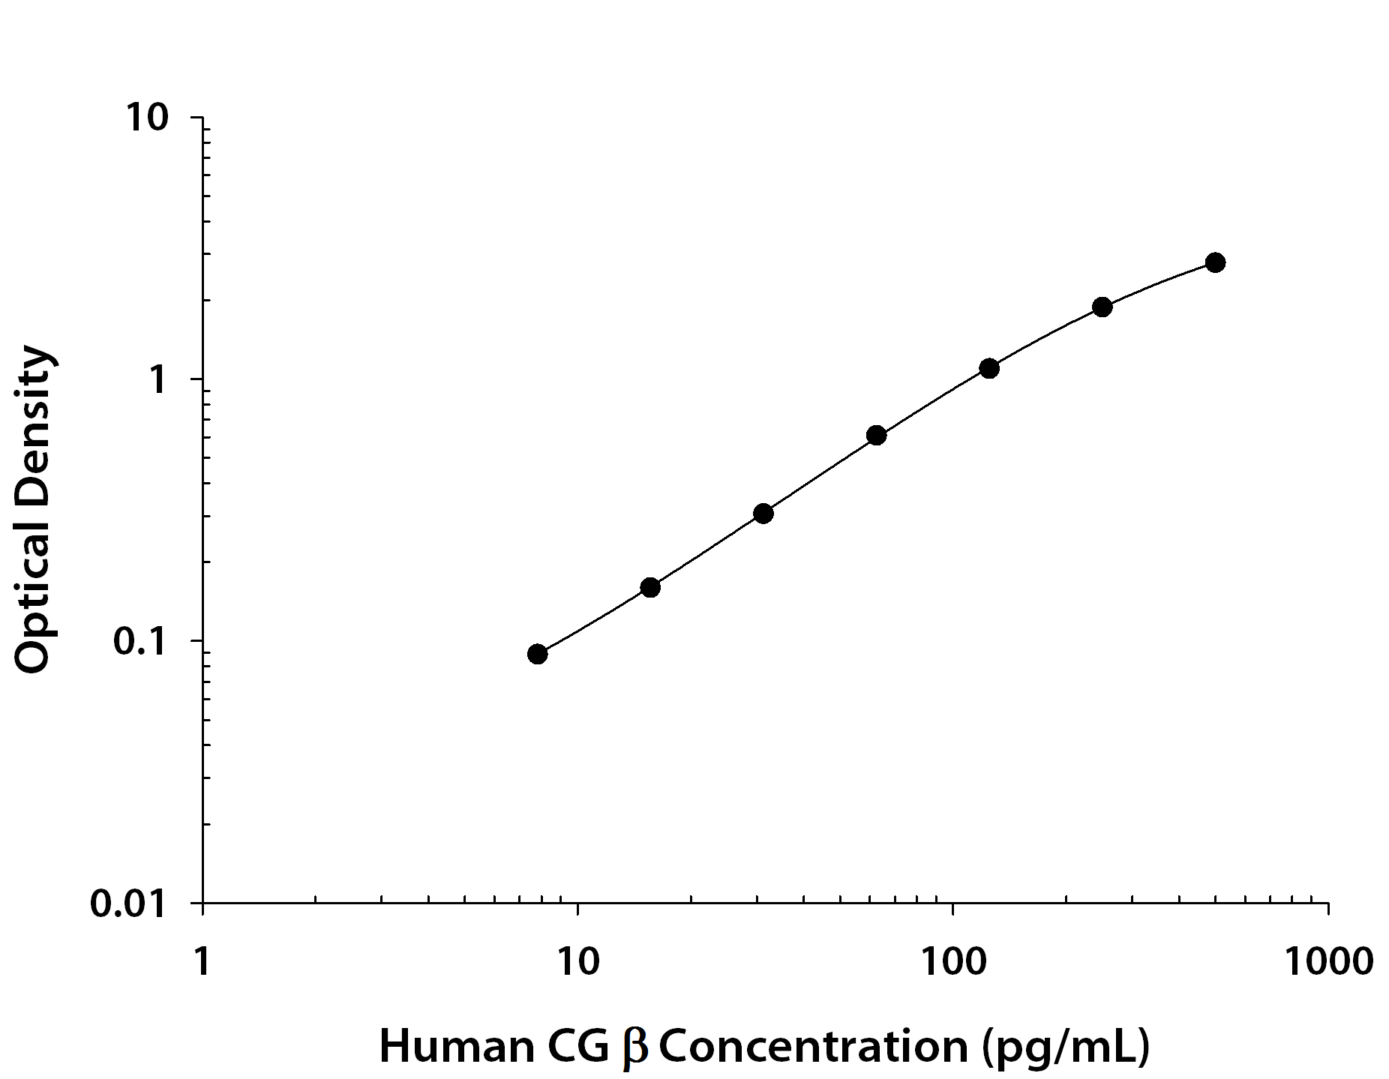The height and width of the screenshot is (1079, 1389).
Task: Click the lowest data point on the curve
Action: pyautogui.click(x=537, y=654)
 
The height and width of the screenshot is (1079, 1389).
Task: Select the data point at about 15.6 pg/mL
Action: pyautogui.click(x=650, y=587)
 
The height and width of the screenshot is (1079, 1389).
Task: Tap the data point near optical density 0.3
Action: pyautogui.click(x=763, y=514)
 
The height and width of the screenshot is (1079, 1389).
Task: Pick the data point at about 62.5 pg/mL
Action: pyautogui.click(x=876, y=435)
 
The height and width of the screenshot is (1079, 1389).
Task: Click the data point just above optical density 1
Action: pyautogui.click(x=989, y=368)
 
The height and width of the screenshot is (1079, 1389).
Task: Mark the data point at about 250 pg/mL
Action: pyautogui.click(x=1102, y=307)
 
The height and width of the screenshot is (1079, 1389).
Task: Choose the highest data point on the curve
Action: pyautogui.click(x=1215, y=262)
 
